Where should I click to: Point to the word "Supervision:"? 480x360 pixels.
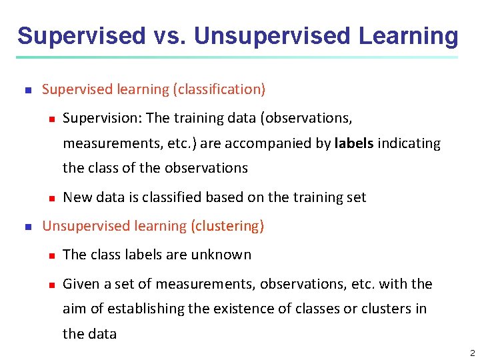(x=101, y=119)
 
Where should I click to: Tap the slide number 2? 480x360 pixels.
(x=472, y=353)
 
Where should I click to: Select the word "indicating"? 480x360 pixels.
(x=409, y=143)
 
